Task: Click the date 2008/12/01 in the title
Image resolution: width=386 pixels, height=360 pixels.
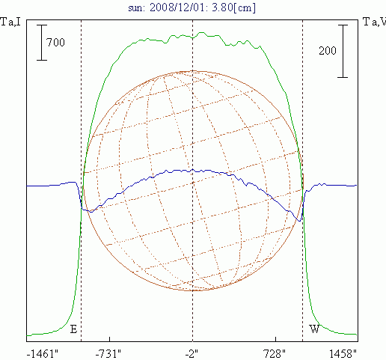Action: click(x=177, y=7)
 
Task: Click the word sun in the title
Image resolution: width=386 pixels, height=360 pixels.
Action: click(x=136, y=8)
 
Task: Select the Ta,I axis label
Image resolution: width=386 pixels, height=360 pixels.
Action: click(x=10, y=22)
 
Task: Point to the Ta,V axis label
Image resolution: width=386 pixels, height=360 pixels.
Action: click(x=375, y=22)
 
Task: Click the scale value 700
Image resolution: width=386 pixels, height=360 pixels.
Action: click(x=55, y=43)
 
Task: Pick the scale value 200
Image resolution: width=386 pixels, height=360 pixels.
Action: click(x=328, y=51)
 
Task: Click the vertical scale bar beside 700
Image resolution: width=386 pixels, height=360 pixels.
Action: click(x=42, y=43)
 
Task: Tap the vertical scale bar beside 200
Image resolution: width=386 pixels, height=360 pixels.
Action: click(x=343, y=51)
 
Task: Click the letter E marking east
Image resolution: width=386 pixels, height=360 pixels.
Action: click(x=73, y=329)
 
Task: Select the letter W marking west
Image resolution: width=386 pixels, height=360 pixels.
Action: click(x=315, y=329)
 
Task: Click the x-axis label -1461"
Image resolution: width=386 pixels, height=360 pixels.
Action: click(x=43, y=354)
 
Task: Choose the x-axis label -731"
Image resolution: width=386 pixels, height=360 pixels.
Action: click(x=108, y=354)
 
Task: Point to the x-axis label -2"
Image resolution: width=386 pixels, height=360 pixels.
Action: click(x=192, y=354)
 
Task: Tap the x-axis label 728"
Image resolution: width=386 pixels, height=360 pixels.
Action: click(x=275, y=354)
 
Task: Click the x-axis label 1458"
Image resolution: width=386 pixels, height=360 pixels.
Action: click(x=343, y=354)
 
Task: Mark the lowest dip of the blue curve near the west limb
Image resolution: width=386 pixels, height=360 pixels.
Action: click(x=299, y=221)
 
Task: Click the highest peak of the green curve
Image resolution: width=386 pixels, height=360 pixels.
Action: click(x=201, y=32)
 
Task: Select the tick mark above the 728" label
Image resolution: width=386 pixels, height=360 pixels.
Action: click(x=275, y=339)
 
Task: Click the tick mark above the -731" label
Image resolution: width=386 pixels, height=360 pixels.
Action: click(x=109, y=339)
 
